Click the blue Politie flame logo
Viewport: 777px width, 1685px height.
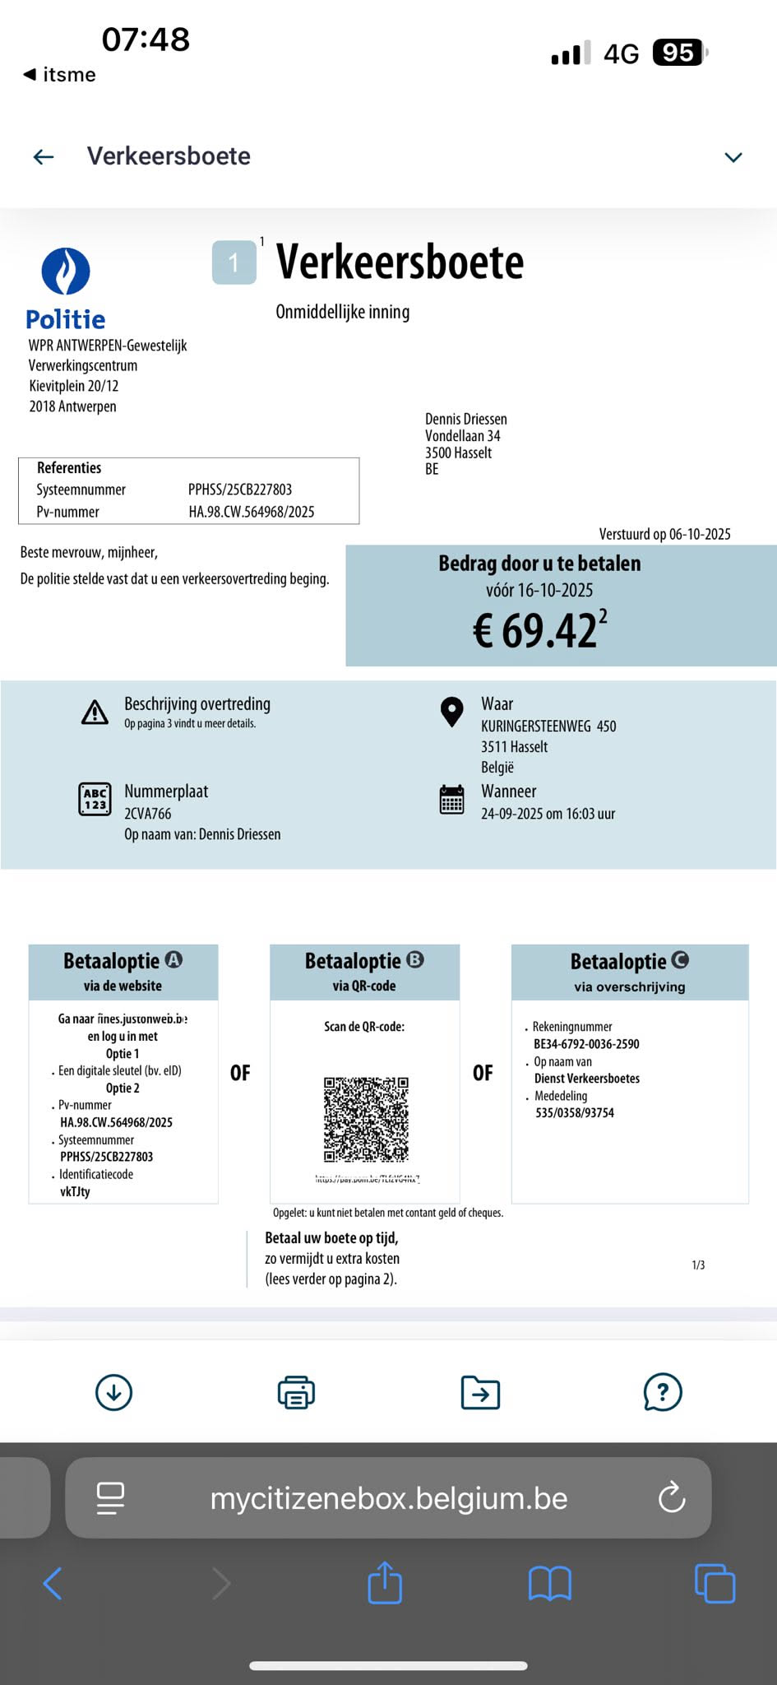coord(66,271)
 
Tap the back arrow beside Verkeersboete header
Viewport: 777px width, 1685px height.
coord(44,156)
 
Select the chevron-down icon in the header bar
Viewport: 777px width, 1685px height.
coord(733,157)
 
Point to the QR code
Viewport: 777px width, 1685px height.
coord(366,1119)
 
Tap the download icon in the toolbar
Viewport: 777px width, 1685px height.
coord(113,1392)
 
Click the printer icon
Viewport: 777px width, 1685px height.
coord(296,1392)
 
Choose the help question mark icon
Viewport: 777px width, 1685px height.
coord(663,1392)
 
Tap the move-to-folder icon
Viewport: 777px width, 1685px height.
coord(480,1392)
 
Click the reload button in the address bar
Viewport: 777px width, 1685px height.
coord(672,1497)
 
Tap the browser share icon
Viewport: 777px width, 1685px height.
coord(385,1582)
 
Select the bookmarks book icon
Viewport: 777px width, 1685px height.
coord(549,1583)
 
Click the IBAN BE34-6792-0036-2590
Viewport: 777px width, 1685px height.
coord(586,1044)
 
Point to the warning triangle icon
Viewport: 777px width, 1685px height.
coord(95,713)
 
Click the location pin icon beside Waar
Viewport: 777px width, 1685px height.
coord(451,712)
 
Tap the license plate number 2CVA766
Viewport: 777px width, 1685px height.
coord(148,814)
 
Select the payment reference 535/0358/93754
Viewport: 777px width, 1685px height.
coord(575,1113)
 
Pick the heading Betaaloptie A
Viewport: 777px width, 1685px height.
coord(123,961)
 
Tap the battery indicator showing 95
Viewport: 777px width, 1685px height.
coord(679,53)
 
